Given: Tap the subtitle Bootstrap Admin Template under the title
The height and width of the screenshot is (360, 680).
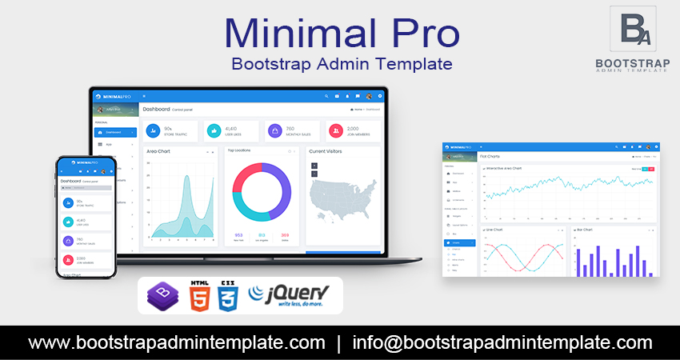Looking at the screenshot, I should coord(341,63).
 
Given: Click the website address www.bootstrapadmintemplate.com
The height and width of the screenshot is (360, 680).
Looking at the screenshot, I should coord(177,343).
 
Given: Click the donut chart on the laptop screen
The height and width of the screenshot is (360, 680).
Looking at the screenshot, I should coord(262,191).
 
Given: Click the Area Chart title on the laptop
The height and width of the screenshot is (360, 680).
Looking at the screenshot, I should coord(158,150).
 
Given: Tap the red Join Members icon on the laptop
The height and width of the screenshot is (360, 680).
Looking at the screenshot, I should coord(334,130).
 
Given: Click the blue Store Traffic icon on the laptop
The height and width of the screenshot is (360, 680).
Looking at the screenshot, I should coord(152,130).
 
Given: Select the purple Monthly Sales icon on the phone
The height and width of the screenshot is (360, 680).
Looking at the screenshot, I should coord(68,240).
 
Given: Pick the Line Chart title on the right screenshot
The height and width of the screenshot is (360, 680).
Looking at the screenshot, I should coord(495,230).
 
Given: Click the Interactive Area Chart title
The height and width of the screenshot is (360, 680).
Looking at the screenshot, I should coord(505,168).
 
